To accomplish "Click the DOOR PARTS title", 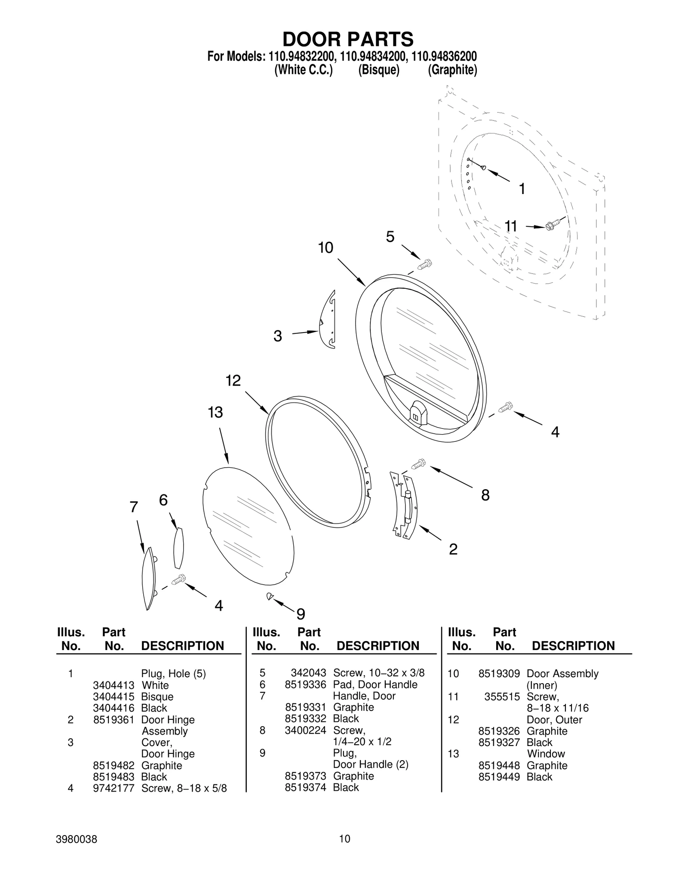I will click(x=347, y=39).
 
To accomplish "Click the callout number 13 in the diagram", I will click(x=215, y=413).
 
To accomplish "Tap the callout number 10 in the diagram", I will click(x=326, y=248).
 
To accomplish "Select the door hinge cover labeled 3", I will click(x=329, y=319).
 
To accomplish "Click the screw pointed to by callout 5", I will click(x=425, y=264).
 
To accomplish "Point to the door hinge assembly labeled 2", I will click(x=405, y=506).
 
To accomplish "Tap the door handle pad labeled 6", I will click(x=178, y=548).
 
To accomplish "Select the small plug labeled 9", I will click(x=270, y=596).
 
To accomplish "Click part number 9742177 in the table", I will click(x=114, y=788).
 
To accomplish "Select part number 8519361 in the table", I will click(x=114, y=720).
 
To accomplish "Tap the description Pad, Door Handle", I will click(x=375, y=684).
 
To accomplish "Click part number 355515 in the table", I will click(x=502, y=697).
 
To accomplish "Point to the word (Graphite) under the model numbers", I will click(x=452, y=70).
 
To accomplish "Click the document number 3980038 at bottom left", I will click(x=77, y=839).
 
